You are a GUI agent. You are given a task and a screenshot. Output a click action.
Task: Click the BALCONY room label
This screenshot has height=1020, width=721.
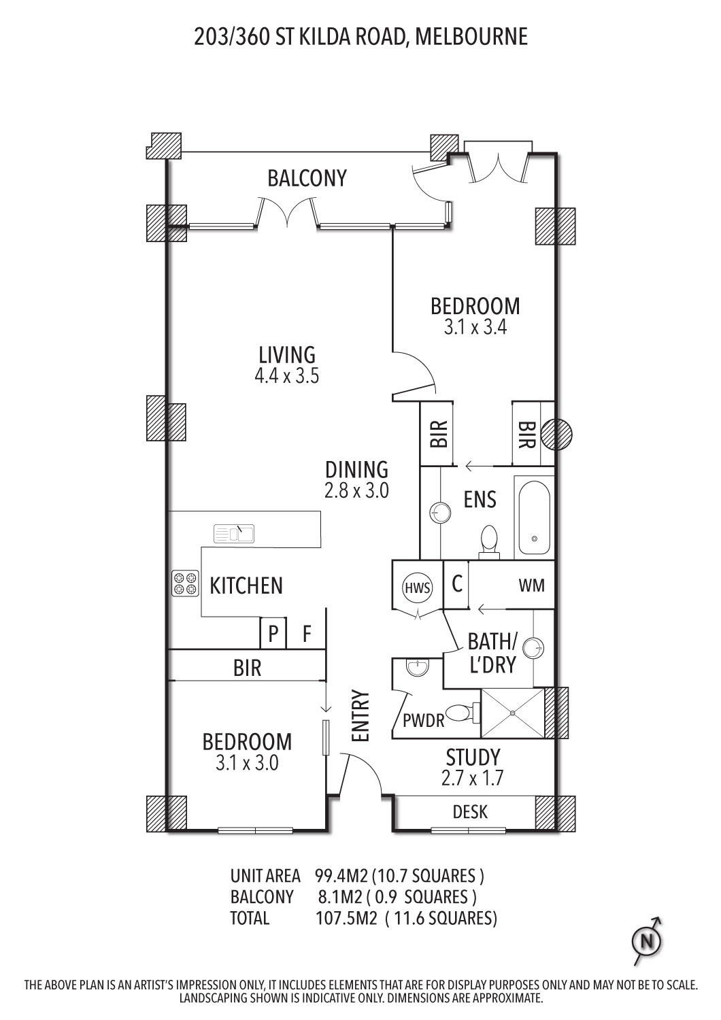click(x=307, y=178)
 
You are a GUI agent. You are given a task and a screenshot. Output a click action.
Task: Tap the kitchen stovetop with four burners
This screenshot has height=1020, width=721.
click(x=186, y=583)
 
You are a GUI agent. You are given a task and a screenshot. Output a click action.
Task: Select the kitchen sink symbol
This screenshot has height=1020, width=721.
click(x=234, y=533)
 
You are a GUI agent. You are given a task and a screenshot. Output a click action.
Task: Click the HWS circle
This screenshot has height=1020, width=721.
click(x=418, y=588)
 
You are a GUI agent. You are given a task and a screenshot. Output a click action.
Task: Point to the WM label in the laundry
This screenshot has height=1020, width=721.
click(x=531, y=585)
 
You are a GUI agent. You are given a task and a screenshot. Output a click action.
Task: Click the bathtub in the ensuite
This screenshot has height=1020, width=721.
click(x=534, y=517)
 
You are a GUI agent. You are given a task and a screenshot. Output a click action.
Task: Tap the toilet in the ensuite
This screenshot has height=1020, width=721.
click(x=489, y=542)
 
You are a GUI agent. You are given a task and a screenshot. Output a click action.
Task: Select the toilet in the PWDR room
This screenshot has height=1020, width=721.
click(x=463, y=713)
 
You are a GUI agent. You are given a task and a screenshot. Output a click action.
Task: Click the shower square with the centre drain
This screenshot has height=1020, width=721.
click(x=514, y=713)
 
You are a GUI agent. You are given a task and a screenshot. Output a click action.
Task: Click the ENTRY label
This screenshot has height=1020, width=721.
click(x=360, y=715)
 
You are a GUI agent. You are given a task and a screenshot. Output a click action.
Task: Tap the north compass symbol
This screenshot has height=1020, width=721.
click(x=647, y=940)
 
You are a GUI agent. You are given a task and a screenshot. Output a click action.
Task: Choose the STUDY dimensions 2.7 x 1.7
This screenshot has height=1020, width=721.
click(x=472, y=778)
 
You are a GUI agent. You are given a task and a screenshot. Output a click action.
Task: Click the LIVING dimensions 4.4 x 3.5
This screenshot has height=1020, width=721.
click(x=286, y=376)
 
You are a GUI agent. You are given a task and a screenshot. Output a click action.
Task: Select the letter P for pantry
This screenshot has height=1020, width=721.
click(x=273, y=633)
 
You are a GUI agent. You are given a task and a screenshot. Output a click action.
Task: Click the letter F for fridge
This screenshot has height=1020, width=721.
click(x=307, y=633)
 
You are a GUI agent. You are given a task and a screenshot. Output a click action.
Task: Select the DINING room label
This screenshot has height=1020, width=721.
click(x=356, y=469)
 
